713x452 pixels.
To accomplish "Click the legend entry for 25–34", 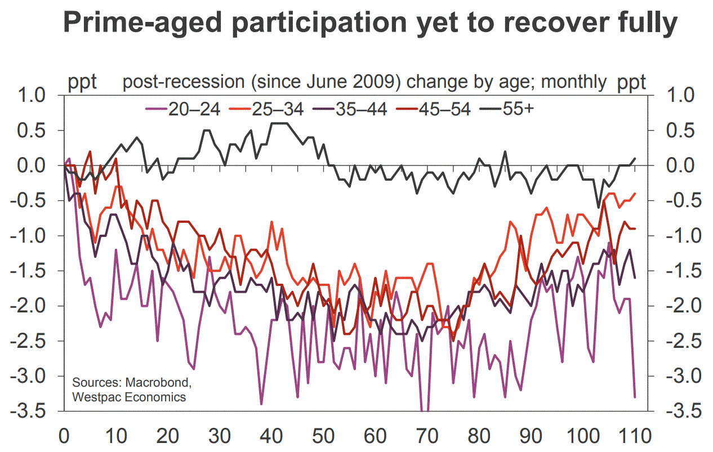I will click(x=265, y=109).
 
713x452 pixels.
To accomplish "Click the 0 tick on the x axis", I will click(x=64, y=436).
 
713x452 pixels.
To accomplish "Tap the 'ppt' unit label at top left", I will click(x=82, y=82).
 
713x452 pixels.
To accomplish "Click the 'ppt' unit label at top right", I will click(x=632, y=82).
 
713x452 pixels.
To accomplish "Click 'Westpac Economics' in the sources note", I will click(x=129, y=397).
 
